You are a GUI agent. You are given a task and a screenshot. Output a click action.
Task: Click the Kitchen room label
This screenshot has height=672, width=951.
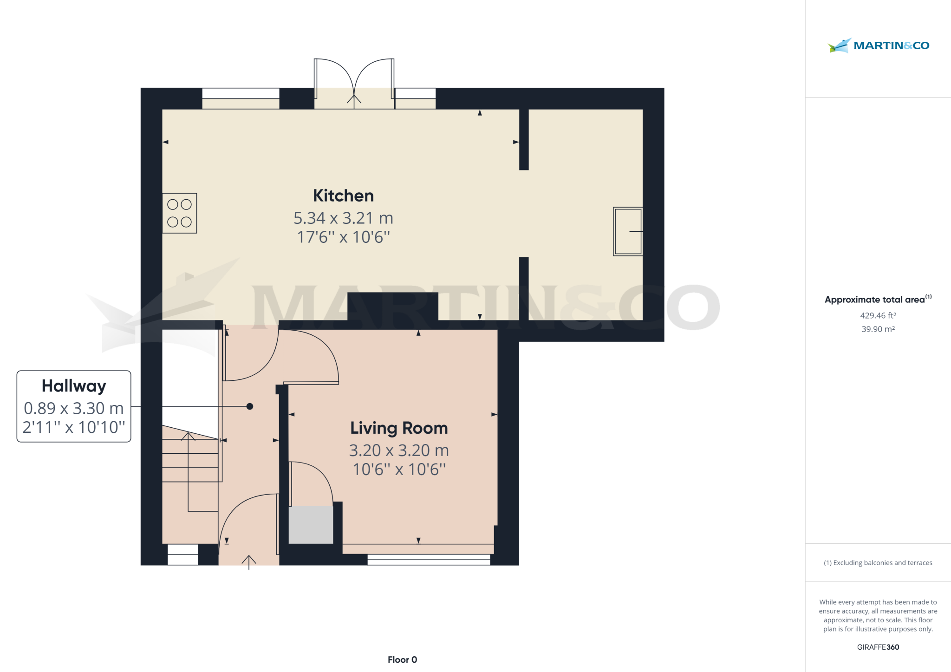343,196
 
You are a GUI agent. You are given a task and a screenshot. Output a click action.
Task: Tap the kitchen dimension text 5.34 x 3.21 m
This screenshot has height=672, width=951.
343,218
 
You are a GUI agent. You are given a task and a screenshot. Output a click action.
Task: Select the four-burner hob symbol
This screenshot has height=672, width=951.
179,213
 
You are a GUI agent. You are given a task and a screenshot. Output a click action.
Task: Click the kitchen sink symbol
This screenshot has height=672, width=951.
628,231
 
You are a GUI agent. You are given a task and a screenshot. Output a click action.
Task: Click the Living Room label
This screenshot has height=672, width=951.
399,428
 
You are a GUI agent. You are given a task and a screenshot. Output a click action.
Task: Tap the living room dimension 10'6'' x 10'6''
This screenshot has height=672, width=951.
399,470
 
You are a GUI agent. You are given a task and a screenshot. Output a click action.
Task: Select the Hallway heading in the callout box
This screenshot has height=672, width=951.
74,386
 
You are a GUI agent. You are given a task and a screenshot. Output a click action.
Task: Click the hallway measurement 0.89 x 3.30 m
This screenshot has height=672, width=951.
74,408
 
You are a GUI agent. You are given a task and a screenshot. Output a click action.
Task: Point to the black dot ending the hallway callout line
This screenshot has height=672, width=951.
250,406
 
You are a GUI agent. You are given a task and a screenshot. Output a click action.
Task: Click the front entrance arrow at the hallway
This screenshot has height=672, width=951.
249,561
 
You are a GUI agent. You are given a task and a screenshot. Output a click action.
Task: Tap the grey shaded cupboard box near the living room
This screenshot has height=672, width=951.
311,525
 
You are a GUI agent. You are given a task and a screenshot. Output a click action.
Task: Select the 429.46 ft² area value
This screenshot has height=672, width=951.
878,315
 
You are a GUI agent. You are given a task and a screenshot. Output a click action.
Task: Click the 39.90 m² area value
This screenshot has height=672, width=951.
878,329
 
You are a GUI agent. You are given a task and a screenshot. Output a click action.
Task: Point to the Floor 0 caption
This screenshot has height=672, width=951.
402,659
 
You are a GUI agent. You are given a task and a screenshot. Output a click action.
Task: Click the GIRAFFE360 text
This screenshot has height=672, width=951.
878,647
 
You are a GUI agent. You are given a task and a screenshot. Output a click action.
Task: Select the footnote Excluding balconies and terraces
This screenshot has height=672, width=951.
878,563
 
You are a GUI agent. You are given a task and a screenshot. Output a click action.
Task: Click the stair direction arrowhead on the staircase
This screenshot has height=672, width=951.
188,436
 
